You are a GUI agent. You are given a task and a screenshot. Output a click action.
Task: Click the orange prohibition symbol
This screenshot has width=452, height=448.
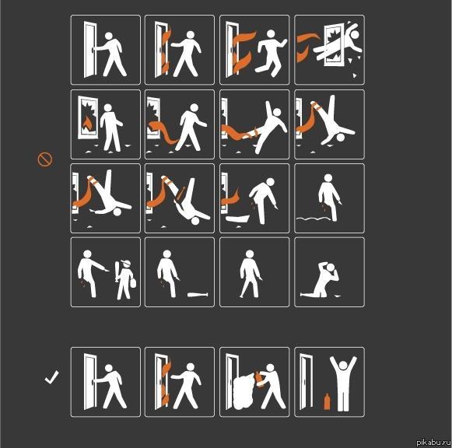45,159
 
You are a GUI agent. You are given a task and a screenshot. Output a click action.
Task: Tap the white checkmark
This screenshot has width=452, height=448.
51,378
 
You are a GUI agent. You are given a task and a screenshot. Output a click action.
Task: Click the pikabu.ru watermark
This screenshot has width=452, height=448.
433,443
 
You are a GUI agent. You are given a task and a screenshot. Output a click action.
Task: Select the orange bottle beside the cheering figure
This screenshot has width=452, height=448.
327,401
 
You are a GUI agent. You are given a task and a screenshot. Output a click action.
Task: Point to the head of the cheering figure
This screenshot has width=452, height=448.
343,366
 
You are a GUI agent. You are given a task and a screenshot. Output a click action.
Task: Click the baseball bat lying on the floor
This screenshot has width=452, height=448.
198,295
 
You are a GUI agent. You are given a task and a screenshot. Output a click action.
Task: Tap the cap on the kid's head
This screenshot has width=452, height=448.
126,263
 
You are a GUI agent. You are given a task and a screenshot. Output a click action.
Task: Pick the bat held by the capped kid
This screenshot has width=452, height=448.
117,271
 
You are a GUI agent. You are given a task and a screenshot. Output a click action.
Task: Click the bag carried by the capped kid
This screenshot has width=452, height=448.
133,282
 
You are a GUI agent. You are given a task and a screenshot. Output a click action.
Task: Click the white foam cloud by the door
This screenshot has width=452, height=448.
244,391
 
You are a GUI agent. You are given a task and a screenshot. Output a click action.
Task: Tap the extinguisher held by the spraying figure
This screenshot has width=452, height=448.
259,380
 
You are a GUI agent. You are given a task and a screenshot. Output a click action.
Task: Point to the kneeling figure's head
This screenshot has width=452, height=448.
331,267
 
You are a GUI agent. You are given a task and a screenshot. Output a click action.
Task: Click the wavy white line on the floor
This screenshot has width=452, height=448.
313,219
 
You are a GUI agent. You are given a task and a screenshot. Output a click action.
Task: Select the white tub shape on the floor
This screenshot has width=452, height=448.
237,219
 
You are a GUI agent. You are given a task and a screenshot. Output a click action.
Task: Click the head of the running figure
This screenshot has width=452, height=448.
271,34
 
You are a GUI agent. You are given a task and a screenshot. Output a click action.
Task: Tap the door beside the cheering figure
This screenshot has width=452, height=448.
307,381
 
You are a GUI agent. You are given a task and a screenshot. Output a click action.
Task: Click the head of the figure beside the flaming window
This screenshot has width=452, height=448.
108,108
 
